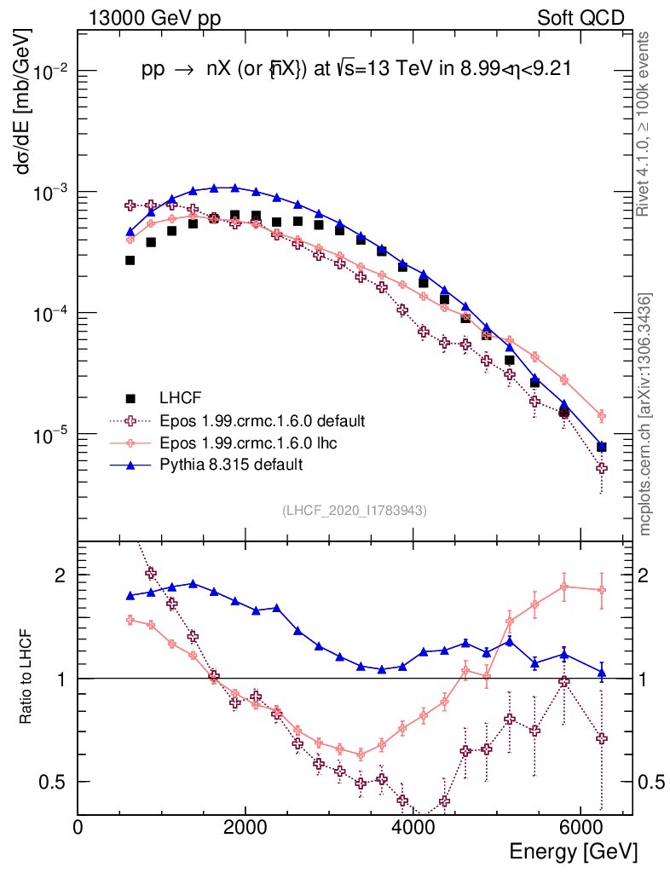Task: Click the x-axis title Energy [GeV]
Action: pyautogui.click(x=573, y=851)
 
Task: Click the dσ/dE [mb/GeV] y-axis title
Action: pyautogui.click(x=24, y=102)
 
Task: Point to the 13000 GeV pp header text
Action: pyautogui.click(x=154, y=17)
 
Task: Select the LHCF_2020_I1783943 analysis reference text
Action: pyautogui.click(x=355, y=510)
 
